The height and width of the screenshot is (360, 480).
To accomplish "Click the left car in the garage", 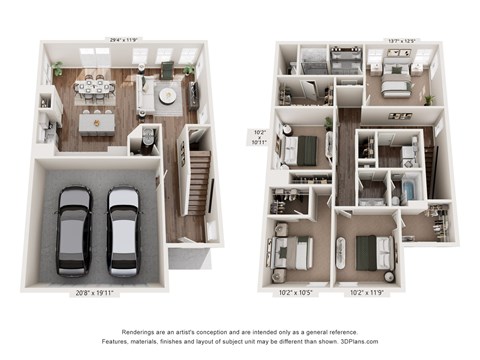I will point(74,229).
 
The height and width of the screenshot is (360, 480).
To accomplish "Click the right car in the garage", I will point(122,229).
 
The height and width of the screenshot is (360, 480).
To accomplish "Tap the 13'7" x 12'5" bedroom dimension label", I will point(402,41).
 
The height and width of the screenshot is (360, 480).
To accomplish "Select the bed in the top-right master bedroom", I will point(392,84).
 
